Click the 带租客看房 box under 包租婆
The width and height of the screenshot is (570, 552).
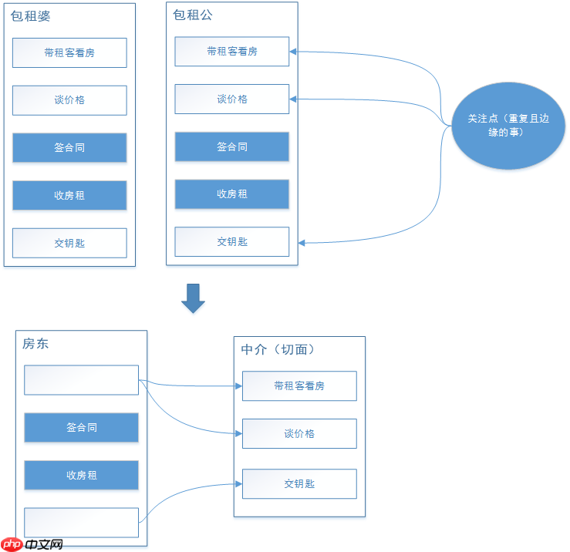click(69, 52)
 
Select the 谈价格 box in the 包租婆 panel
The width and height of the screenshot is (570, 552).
click(69, 100)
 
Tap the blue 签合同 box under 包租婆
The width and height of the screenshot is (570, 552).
click(69, 147)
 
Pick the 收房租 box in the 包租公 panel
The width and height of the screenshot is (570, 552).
click(231, 194)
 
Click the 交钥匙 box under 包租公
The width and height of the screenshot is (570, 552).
click(231, 242)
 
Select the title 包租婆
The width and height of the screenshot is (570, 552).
click(31, 15)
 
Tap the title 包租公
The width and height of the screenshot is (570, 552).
click(193, 15)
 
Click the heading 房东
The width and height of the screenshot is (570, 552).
click(35, 344)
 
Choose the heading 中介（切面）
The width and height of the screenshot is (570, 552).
click(278, 349)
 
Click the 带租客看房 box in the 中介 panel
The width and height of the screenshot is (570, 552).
click(299, 385)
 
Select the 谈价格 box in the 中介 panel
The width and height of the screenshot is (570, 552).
click(299, 433)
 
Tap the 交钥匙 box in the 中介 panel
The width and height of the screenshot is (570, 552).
click(299, 483)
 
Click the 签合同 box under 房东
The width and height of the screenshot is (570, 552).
click(81, 427)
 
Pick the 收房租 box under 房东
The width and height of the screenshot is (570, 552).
click(81, 475)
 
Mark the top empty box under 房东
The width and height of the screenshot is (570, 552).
click(81, 379)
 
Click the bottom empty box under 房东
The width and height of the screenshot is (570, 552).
click(81, 522)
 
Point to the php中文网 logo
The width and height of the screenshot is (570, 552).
click(32, 544)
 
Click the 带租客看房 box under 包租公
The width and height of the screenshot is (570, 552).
click(231, 52)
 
